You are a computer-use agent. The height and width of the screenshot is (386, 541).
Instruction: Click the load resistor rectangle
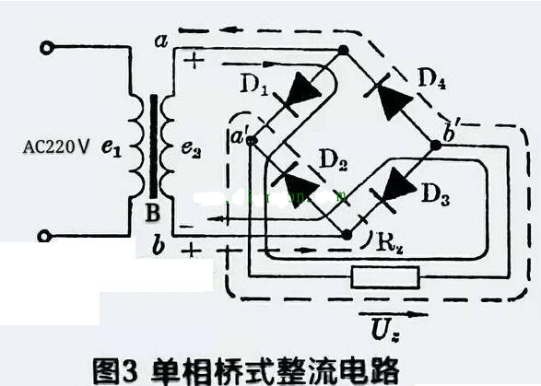click(386, 275)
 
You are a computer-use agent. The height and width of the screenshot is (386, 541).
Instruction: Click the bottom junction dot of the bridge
click(347, 234)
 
